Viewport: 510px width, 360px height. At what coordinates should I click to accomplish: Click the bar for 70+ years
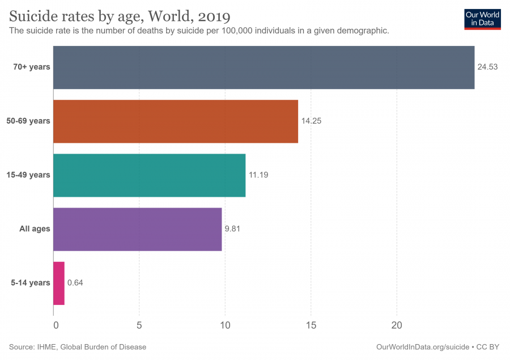pos(263,67)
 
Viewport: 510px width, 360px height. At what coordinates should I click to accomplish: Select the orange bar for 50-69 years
pos(176,121)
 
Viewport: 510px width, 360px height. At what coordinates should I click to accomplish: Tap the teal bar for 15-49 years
pos(149,175)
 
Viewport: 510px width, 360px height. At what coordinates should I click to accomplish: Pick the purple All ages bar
pos(138,229)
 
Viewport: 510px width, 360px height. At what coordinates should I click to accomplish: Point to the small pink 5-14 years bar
pos(59,283)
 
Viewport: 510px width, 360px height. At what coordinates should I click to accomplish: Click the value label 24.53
pos(487,67)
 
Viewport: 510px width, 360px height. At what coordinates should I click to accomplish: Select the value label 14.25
pos(311,121)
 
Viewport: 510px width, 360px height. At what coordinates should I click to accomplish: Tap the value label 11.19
pos(258,175)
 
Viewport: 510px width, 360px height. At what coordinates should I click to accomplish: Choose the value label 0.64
pos(75,283)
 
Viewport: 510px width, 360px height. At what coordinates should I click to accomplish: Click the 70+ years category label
pos(32,67)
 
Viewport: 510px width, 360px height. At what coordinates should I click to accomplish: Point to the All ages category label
pos(35,229)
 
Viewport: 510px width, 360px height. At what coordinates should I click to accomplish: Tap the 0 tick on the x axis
pos(56,326)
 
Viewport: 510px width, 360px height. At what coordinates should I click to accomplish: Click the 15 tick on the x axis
pos(311,326)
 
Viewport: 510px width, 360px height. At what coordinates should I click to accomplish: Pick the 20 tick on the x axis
pos(397,326)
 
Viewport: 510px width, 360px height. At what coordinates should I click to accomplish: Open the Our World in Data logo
pos(482,19)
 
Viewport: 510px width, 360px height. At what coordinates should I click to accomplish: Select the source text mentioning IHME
pos(78,347)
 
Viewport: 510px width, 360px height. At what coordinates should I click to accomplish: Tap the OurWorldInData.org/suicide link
pos(423,347)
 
